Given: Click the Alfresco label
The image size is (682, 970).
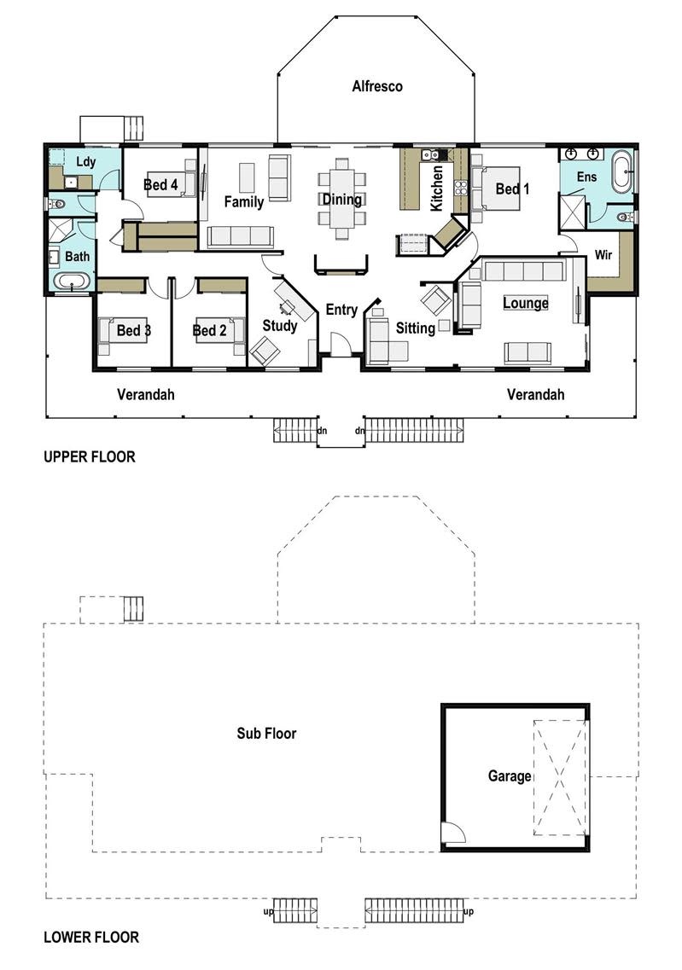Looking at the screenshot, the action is coord(377,87).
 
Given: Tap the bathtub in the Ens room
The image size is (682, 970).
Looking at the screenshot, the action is coord(621,171).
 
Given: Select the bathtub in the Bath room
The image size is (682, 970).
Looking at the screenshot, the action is coord(73,282).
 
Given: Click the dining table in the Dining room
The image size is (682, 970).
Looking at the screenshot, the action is coord(342,199).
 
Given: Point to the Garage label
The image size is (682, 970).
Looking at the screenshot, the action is coord(510,775).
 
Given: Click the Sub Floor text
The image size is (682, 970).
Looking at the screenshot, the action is coord(266,733).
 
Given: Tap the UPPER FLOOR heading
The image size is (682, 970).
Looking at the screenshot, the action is coord(90,456).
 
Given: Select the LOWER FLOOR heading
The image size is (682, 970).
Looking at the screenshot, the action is coord(91,938).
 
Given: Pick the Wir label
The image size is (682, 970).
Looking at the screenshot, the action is coord(603,254).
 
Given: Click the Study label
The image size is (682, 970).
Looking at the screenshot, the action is coord(280,326).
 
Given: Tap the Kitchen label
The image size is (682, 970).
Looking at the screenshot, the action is coord(437,188).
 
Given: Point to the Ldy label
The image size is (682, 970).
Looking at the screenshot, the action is coord(86,162).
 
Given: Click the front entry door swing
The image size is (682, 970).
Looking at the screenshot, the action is coord(339,345).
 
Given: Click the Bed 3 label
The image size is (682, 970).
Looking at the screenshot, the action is coord(134,330).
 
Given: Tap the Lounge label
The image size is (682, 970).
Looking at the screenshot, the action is coord(526,303).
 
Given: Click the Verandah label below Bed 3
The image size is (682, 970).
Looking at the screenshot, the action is coord(146,395).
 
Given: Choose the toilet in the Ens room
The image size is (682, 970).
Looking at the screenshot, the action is coord(625,217).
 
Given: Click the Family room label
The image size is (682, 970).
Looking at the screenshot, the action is coord(244,201).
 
